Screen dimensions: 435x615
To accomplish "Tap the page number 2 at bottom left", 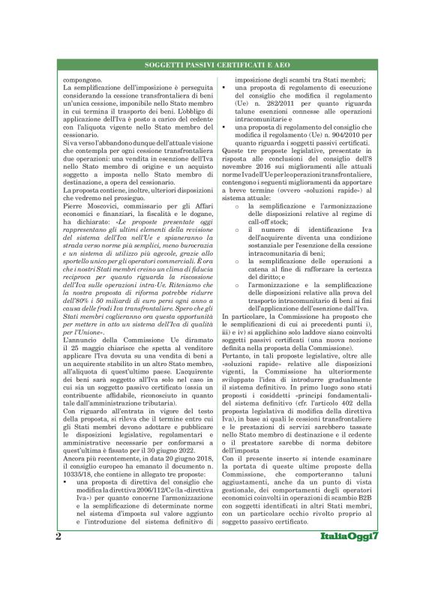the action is (x=58, y=580).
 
